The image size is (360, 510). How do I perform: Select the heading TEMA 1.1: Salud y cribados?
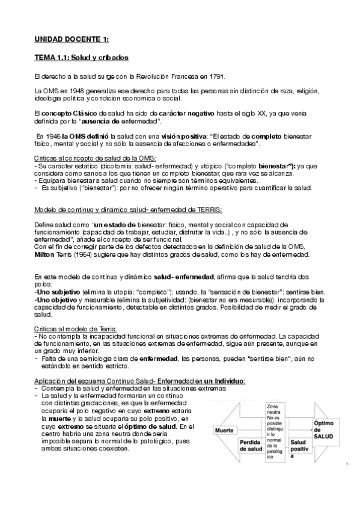click(80, 58)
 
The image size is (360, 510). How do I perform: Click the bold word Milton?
click(44, 254)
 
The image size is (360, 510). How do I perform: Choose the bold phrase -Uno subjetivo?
click(56, 290)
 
